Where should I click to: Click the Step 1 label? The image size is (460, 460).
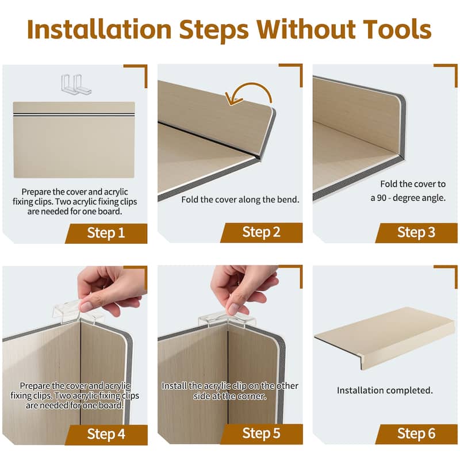coord(106,233)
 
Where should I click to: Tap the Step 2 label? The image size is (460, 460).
coord(261,232)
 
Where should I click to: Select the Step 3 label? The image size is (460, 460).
coord(416,232)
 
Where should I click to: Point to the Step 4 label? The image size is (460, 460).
coord(106,434)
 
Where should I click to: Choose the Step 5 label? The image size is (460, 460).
coord(261,434)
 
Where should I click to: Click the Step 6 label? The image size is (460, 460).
coord(416,434)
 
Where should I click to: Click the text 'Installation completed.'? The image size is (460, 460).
coord(385,390)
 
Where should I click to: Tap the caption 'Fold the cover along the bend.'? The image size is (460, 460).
coord(240,200)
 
